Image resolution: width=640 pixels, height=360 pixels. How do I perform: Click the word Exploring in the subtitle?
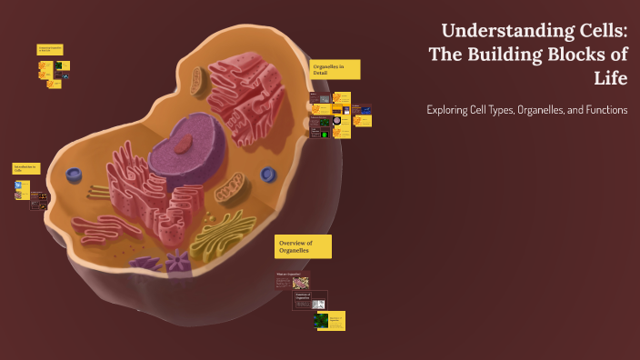click(452, 110)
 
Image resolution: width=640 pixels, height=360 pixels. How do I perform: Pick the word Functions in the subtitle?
click(601, 110)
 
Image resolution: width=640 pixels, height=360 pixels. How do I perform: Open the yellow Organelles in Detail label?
click(335, 70)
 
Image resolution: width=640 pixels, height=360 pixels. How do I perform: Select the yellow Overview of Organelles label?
click(303, 246)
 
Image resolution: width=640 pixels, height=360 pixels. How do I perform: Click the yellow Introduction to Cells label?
click(25, 168)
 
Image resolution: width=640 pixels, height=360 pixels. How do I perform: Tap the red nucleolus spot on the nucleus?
click(185, 142)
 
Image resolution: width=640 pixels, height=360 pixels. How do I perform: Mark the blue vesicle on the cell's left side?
click(74, 175)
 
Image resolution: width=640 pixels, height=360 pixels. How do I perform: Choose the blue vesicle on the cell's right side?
click(268, 173)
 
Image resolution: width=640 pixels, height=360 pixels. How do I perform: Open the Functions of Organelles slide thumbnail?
click(304, 300)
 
